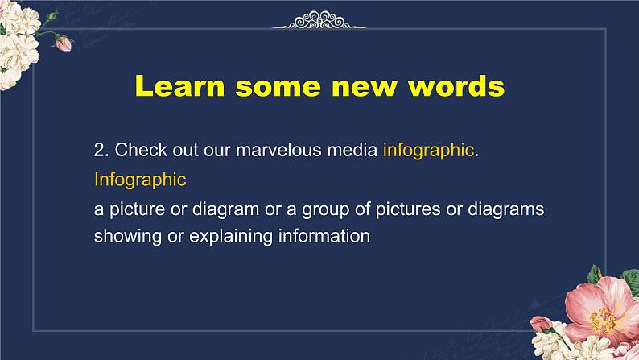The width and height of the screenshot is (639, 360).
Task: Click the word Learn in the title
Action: (179, 86)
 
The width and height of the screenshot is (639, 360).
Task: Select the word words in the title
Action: (456, 86)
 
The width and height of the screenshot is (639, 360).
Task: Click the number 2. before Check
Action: (101, 150)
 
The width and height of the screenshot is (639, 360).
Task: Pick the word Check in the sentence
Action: (141, 150)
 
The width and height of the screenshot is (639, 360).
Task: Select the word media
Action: (352, 150)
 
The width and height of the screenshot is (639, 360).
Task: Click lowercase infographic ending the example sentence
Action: (428, 151)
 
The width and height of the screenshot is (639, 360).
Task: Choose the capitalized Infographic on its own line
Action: (140, 180)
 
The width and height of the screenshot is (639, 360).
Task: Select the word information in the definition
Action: (324, 236)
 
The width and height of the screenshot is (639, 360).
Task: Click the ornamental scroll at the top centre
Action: (319, 20)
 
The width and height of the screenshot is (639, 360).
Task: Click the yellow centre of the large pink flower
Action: (602, 320)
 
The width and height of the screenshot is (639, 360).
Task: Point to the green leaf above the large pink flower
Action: (594, 274)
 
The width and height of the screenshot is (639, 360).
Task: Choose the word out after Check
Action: (185, 151)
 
